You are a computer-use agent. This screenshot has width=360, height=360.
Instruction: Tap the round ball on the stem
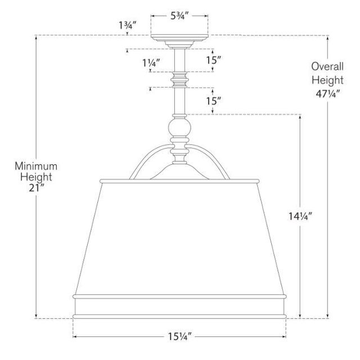(180, 130)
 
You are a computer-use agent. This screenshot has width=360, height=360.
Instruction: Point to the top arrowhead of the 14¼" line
(300, 118)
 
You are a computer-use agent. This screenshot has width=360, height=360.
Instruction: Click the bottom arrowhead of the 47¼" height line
(328, 316)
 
